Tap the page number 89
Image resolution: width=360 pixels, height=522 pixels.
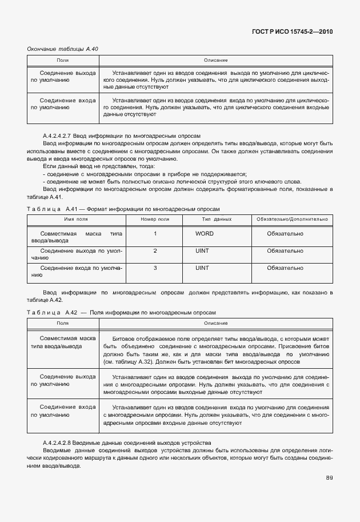pos(329,477)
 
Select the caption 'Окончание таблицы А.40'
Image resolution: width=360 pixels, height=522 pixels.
pos(63,49)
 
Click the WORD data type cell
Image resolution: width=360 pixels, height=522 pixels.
pos(204,234)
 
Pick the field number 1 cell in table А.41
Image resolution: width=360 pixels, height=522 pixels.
pos(155,234)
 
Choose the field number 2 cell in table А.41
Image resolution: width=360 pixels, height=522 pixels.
pos(155,251)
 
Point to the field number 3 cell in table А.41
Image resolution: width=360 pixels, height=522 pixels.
pos(155,268)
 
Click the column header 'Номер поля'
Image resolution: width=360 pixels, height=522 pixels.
pos(155,219)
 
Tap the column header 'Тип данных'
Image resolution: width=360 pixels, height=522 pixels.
pos(217,219)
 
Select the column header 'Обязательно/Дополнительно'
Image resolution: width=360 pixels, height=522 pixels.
pos(292,219)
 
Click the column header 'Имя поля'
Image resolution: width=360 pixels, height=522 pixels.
pos(75,219)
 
